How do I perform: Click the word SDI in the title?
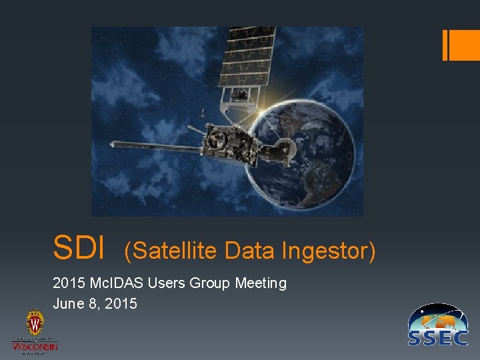pyautogui.click(x=79, y=247)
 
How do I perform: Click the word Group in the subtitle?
pyautogui.click(x=210, y=283)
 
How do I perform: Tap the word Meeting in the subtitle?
pyautogui.click(x=261, y=283)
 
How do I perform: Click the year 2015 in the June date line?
pyautogui.click(x=121, y=304)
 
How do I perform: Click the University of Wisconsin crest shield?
pyautogui.click(x=35, y=324)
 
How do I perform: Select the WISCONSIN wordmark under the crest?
pyautogui.click(x=35, y=345)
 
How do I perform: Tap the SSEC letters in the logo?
pyautogui.click(x=438, y=337)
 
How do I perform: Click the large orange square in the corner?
pyautogui.click(x=465, y=45)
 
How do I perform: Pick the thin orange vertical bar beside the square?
pyautogui.click(x=445, y=45)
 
